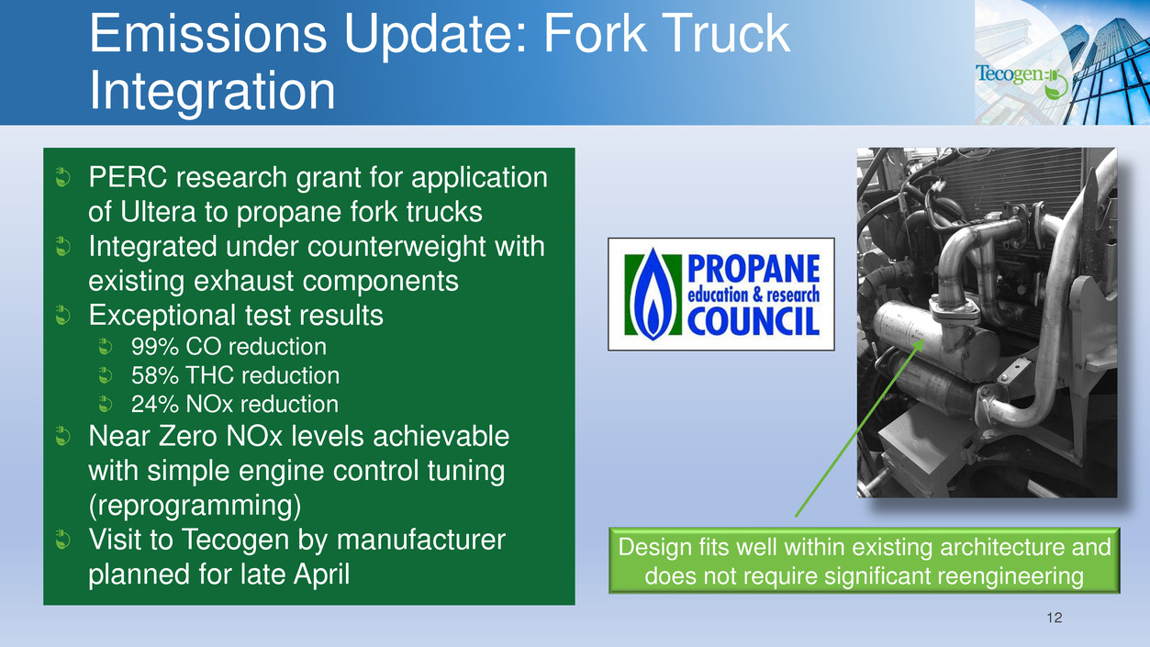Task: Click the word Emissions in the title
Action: pos(208,33)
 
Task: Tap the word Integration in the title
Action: pos(212,91)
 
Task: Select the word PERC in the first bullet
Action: pos(128,177)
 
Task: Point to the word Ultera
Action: pos(158,212)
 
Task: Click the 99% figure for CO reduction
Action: pos(154,347)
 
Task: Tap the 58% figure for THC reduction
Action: pos(154,375)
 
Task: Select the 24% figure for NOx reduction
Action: pos(154,404)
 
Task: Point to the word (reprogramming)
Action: pos(195,506)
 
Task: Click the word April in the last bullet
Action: pos(322,574)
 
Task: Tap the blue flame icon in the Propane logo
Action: pos(653,295)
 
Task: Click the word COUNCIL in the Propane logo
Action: pos(753,321)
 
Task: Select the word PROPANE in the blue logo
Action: pos(754,269)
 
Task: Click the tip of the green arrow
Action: pos(923,340)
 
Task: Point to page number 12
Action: pos(1055,618)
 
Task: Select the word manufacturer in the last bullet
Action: pos(421,540)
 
